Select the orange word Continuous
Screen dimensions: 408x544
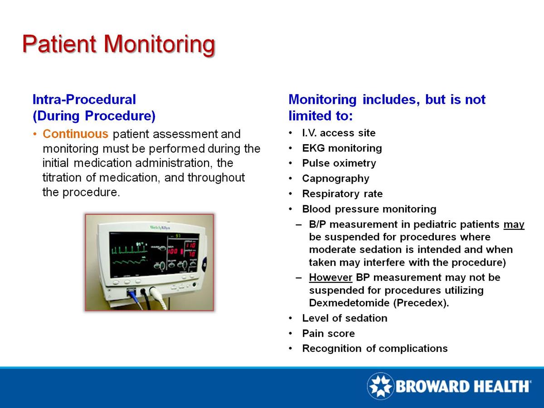[x=76, y=135]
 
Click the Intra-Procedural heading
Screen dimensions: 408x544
[x=84, y=99]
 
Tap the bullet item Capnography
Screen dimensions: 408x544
[x=335, y=179]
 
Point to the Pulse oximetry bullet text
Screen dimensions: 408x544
[x=339, y=163]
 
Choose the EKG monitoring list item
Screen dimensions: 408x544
[x=342, y=148]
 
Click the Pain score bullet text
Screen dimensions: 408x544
[x=328, y=334]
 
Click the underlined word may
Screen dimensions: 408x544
[x=514, y=225]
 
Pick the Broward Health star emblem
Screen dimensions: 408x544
[x=380, y=386]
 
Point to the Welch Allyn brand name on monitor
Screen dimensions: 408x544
[x=160, y=227]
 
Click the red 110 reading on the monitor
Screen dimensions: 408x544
[x=191, y=245]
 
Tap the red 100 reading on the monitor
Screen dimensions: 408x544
[x=175, y=251]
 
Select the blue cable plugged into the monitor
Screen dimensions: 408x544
[x=135, y=299]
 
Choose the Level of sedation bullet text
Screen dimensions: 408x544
[x=345, y=318]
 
